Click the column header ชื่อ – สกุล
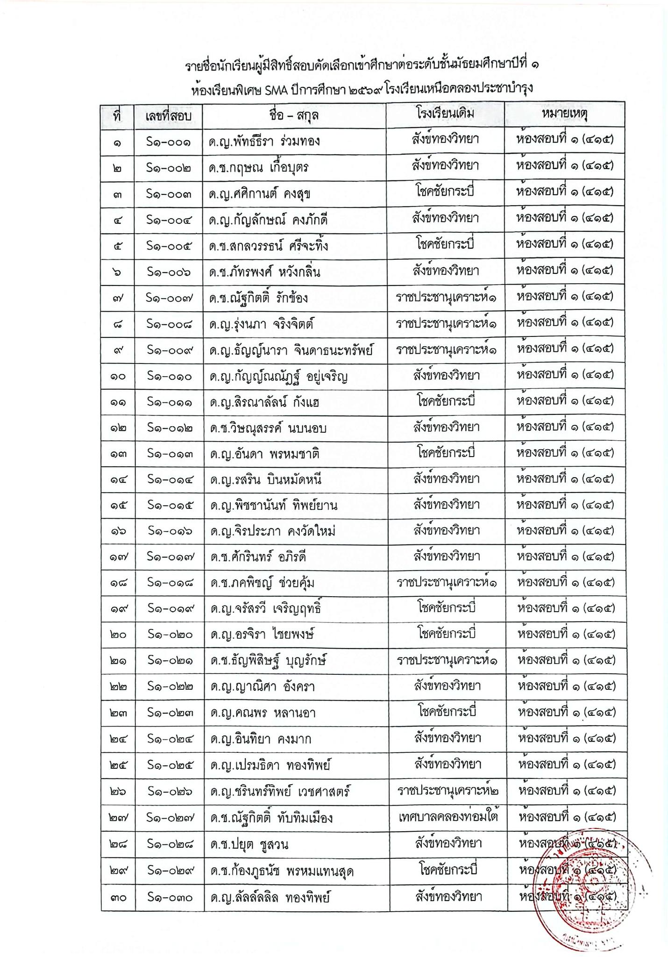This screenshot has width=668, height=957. pos(294,115)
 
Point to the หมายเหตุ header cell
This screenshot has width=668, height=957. pos(565,114)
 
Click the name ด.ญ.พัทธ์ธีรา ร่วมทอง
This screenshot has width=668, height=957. pos(264,141)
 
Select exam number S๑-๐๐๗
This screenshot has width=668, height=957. pos(169,297)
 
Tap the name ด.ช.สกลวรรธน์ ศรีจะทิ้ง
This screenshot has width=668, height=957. pos(268,245)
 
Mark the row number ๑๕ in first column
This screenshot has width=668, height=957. pos(118,506)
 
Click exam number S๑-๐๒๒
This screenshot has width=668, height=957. pos(169,686)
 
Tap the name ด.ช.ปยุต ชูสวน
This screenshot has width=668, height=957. pos(249,844)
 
